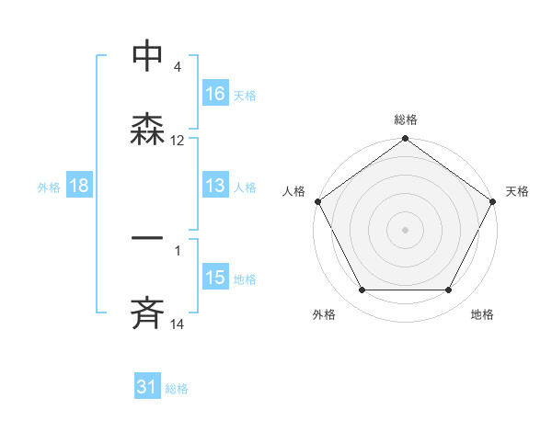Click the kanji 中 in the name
click(147, 55)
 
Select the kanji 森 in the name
click(147, 129)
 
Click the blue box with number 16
click(215, 93)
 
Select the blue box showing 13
click(215, 186)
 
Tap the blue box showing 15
click(215, 278)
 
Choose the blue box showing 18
click(79, 186)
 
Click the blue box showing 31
click(147, 388)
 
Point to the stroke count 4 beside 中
click(177, 67)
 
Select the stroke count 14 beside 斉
click(178, 324)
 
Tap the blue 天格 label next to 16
click(244, 95)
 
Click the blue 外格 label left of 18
click(49, 187)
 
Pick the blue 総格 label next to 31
click(177, 389)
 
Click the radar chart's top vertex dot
click(405, 140)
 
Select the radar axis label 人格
click(294, 191)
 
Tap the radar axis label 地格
click(482, 315)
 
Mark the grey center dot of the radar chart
click(405, 230)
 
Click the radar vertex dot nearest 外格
click(362, 290)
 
